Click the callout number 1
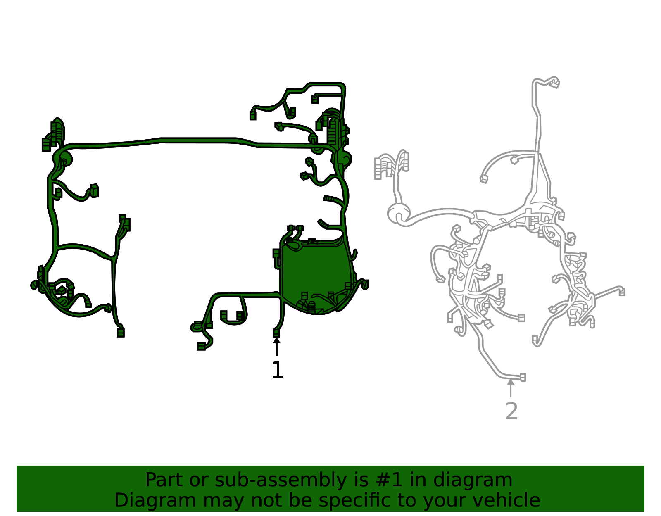277,370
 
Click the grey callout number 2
511,411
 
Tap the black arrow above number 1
276,346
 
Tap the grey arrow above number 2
511,388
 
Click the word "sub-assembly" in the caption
281,480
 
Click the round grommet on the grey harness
399,214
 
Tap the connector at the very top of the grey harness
555,83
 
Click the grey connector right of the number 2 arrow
523,378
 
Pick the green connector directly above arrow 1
276,333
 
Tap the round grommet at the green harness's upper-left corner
63,158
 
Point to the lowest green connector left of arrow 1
201,346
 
